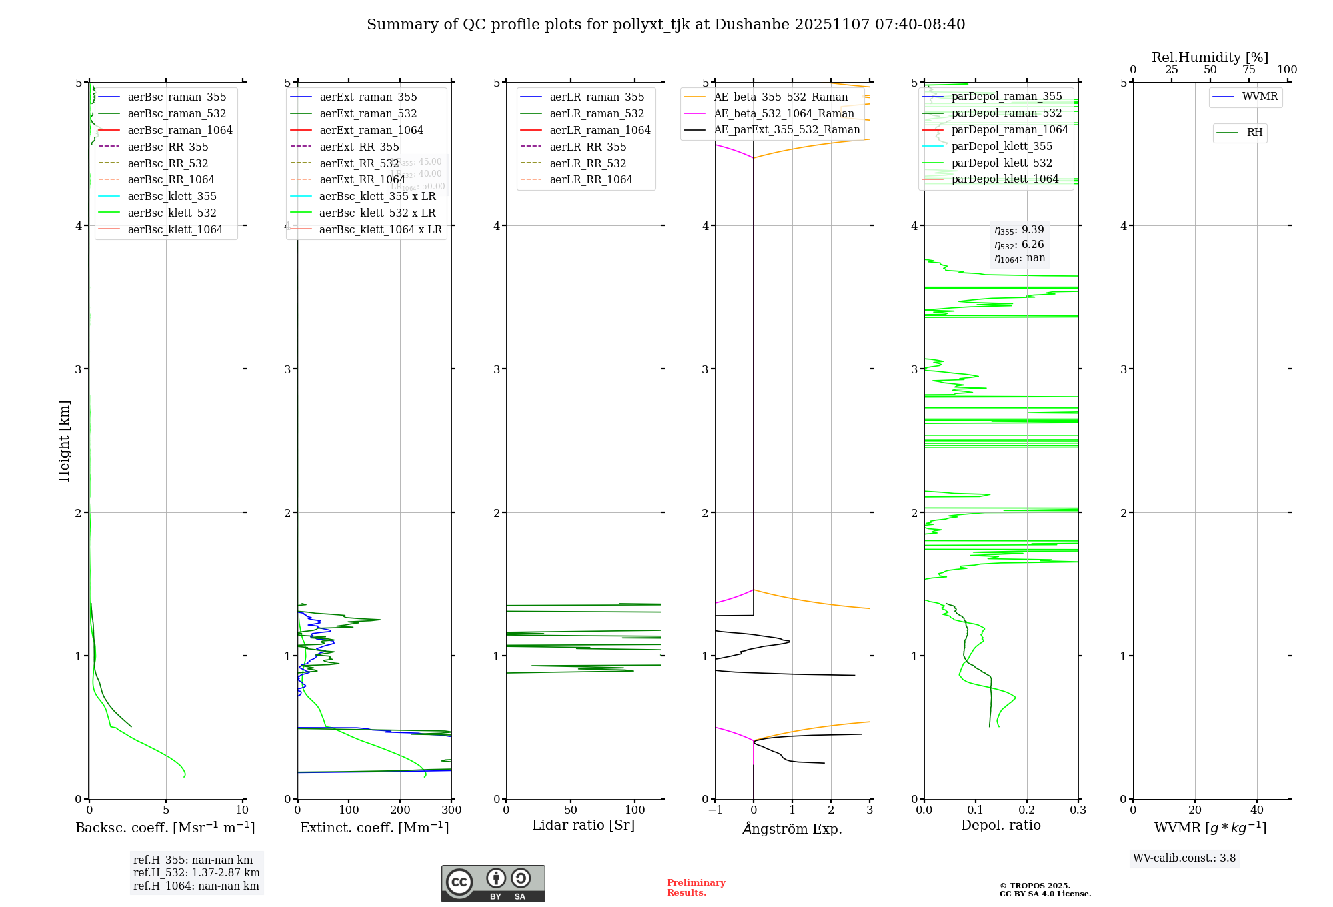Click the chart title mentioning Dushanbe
[x=666, y=25]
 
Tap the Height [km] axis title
[x=64, y=440]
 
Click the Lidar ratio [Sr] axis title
[x=583, y=825]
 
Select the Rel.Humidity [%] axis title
[x=1210, y=57]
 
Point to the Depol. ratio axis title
[x=1000, y=825]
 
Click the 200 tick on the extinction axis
[x=400, y=810]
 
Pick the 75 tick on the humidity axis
[x=1248, y=70]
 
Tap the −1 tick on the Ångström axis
[x=715, y=810]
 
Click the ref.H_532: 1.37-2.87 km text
[x=196, y=872]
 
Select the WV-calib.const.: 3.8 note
[x=1184, y=858]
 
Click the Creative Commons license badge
[x=493, y=883]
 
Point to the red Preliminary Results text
[x=696, y=887]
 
